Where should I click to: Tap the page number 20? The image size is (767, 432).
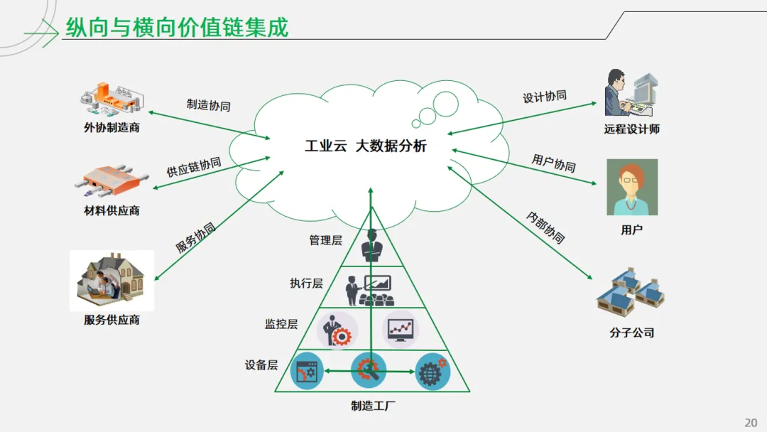[x=751, y=423]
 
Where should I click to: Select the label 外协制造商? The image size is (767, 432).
[x=111, y=128]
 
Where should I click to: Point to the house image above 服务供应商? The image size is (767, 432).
[x=112, y=280]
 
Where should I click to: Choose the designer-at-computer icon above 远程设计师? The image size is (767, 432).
[x=631, y=92]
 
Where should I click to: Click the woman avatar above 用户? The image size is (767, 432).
[x=631, y=187]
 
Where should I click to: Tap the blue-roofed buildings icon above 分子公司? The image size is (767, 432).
[x=630, y=291]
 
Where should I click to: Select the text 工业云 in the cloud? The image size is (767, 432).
[x=325, y=146]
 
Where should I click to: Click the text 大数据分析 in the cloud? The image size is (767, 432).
[x=391, y=146]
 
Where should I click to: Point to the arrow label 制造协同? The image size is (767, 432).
[x=208, y=105]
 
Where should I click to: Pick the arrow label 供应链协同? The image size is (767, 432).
[x=194, y=168]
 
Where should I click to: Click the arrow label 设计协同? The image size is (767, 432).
[x=545, y=97]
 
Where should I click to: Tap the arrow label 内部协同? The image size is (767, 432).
[x=546, y=227]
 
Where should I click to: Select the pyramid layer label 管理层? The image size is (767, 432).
[x=325, y=240]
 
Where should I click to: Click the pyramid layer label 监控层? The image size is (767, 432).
[x=281, y=324]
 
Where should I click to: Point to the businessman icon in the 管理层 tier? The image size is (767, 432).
[x=371, y=246]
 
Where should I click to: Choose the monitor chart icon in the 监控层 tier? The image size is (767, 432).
[x=401, y=328]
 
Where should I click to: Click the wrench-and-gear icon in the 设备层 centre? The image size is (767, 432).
[x=369, y=370]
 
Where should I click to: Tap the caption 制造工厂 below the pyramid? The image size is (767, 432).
[x=373, y=406]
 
